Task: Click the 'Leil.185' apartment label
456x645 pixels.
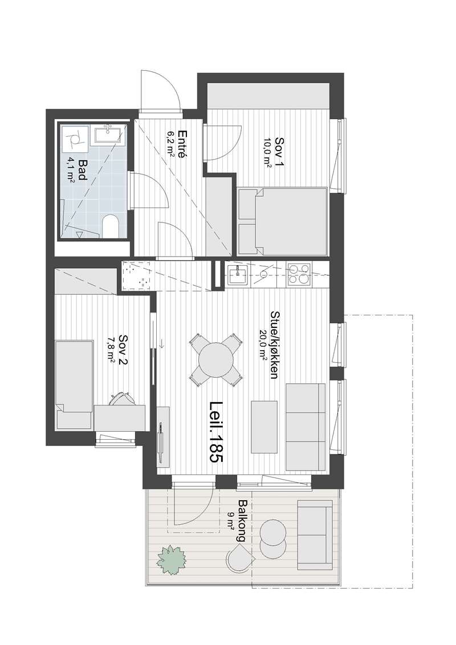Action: pos(216,433)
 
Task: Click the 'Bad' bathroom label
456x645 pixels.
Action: pos(82,169)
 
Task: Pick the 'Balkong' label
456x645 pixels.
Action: pos(242,520)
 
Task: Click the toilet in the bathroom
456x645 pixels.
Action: pos(110,226)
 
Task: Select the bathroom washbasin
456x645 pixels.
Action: pos(108,135)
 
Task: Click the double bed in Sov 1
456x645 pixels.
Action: pos(283,222)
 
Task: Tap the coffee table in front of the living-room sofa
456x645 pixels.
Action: pos(264,427)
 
